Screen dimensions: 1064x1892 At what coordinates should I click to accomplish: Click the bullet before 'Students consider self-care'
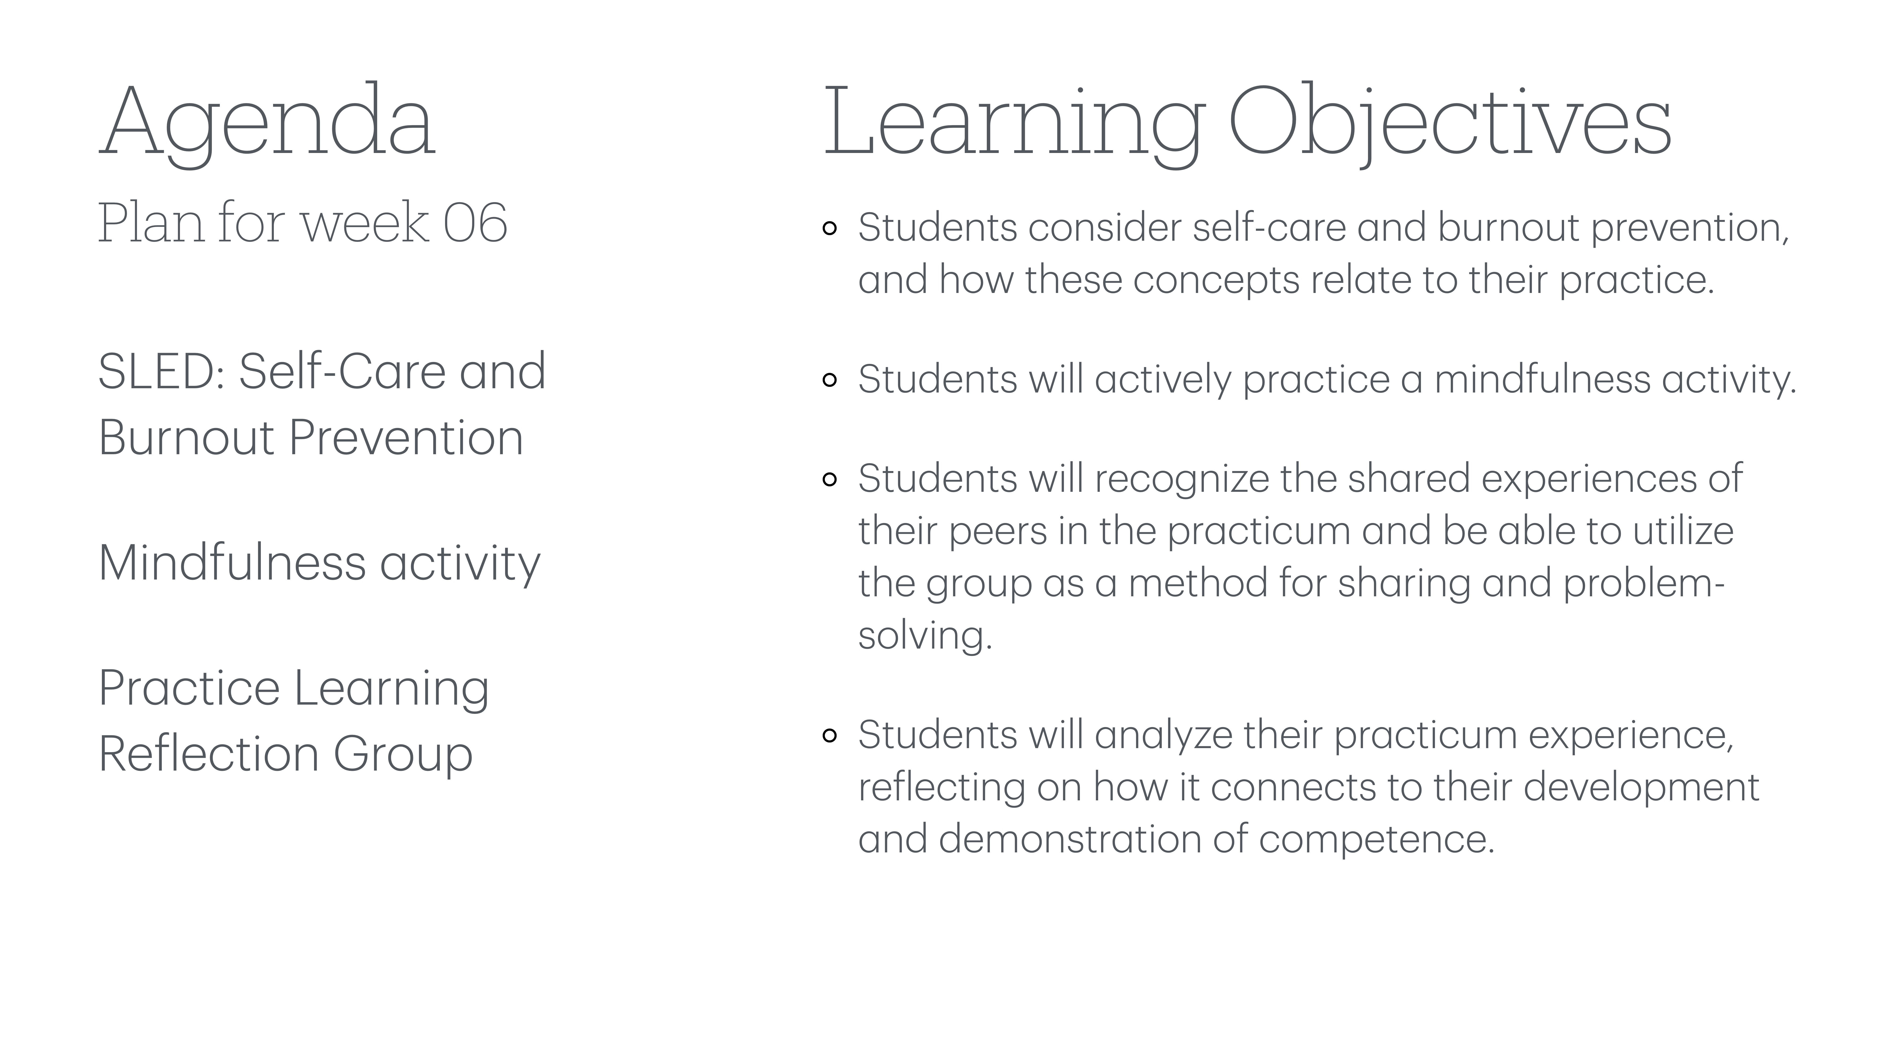(830, 228)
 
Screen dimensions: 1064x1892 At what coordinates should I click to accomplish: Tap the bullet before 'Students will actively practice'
(830, 380)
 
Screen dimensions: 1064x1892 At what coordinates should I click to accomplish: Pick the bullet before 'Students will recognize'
(830, 480)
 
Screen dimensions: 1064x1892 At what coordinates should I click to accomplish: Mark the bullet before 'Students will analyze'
(830, 736)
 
